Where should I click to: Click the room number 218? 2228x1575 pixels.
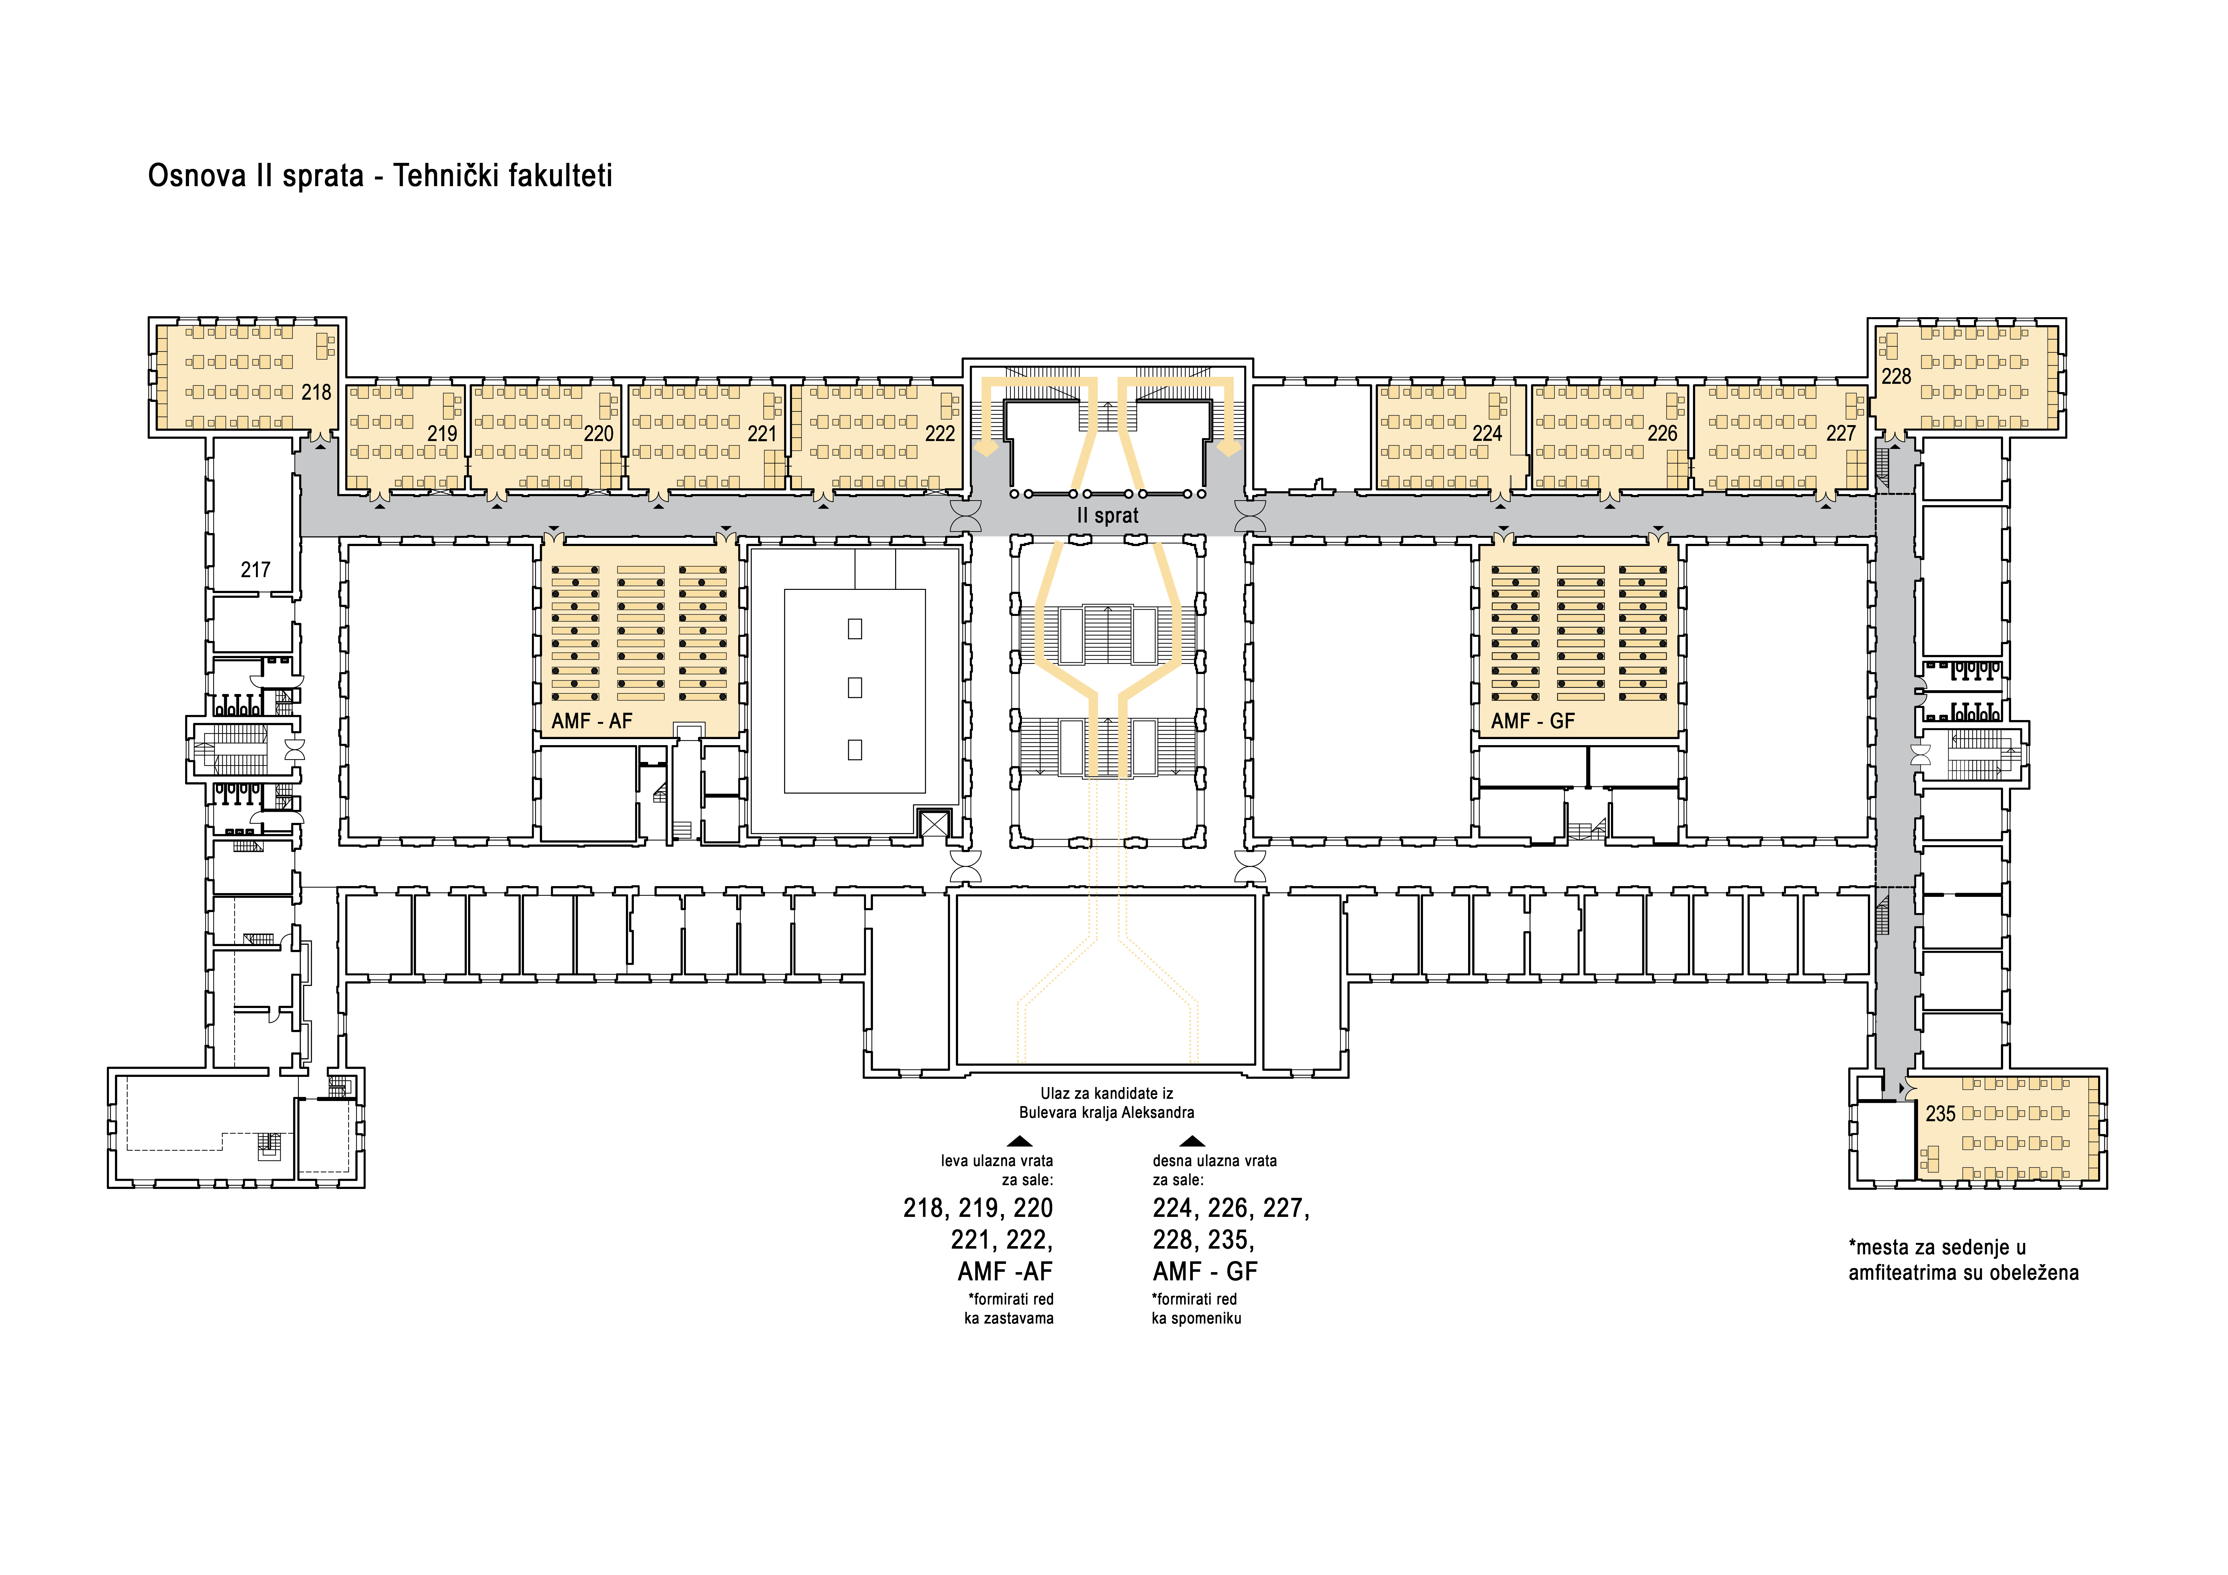pos(316,392)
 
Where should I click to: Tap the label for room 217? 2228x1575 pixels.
pos(255,570)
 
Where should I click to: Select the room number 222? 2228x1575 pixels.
pos(939,434)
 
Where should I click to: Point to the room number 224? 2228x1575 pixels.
pos(1486,434)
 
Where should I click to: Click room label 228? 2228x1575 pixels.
pos(1896,377)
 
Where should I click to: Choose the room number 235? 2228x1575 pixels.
pos(1941,1114)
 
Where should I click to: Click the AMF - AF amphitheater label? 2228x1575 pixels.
pos(592,721)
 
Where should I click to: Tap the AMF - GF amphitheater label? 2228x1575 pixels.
pos(1533,721)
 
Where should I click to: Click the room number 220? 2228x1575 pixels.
pos(599,434)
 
